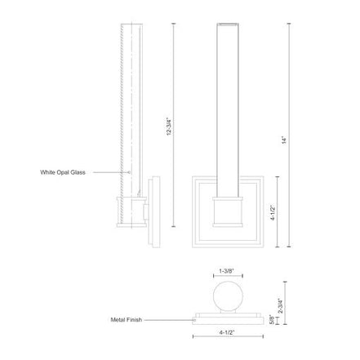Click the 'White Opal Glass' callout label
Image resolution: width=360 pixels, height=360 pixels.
pyautogui.click(x=63, y=172)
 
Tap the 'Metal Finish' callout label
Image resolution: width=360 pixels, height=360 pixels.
pyautogui.click(x=127, y=320)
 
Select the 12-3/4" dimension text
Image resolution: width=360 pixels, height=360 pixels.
pyautogui.click(x=169, y=127)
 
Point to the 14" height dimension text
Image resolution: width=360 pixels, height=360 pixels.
pyautogui.click(x=284, y=140)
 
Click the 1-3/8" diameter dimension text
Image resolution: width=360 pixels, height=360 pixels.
pyautogui.click(x=227, y=271)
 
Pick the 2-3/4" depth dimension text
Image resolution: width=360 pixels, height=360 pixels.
pyautogui.click(x=281, y=306)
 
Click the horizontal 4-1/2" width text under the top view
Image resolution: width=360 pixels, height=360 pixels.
pyautogui.click(x=227, y=332)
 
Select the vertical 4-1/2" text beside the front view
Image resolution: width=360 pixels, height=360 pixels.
pyautogui.click(x=273, y=213)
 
